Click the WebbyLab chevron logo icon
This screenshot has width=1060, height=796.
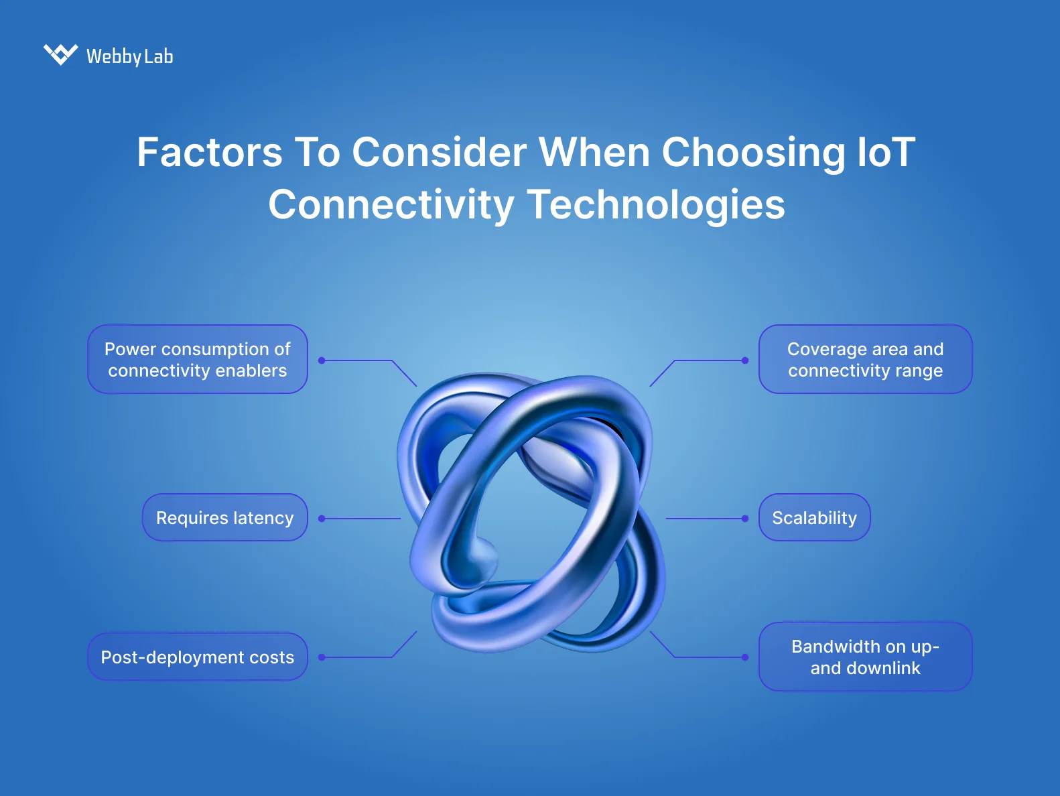(x=60, y=54)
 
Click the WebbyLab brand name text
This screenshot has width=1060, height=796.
(x=130, y=56)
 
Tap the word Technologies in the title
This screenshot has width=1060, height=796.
(x=656, y=204)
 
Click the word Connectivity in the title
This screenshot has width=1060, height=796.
(x=391, y=204)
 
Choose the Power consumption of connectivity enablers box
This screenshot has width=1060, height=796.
(x=198, y=360)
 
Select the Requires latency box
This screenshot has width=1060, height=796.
(x=225, y=518)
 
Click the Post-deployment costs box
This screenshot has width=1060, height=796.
(x=198, y=657)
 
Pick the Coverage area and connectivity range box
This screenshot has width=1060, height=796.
(x=865, y=360)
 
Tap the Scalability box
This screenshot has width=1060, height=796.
(x=814, y=518)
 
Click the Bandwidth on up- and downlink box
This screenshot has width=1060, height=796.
(x=865, y=657)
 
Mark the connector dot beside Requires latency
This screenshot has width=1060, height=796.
(x=322, y=519)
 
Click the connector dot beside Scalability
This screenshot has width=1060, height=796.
(x=745, y=519)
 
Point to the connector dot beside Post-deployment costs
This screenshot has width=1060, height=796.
(x=322, y=657)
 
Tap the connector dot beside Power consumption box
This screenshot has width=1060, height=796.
(x=322, y=360)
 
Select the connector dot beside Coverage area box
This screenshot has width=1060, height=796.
(x=745, y=360)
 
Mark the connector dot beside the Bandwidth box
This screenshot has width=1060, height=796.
(x=745, y=657)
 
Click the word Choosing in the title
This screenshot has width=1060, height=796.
(x=753, y=152)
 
